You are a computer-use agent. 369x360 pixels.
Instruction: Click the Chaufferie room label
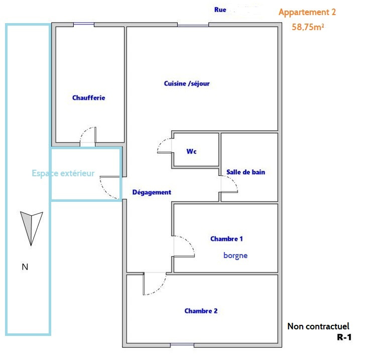click(89, 98)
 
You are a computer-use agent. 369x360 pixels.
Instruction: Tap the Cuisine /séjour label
click(187, 83)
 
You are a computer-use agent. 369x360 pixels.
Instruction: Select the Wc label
click(191, 151)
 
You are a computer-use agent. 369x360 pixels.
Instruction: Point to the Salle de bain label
click(245, 172)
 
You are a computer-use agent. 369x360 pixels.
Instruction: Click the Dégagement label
click(152, 192)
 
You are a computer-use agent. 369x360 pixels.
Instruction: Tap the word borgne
click(235, 255)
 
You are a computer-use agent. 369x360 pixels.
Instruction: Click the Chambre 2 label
click(201, 311)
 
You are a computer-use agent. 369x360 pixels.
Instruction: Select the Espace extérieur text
click(63, 173)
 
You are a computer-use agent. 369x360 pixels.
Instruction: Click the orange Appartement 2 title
click(307, 12)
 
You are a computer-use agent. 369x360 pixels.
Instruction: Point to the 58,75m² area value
click(308, 28)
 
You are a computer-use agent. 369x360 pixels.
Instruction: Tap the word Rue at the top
click(220, 10)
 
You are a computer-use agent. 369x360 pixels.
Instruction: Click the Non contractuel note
click(318, 326)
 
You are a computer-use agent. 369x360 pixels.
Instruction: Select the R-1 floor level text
click(344, 338)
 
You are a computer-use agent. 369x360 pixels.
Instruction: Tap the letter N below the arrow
click(25, 267)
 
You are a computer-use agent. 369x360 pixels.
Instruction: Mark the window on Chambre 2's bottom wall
click(182, 345)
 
